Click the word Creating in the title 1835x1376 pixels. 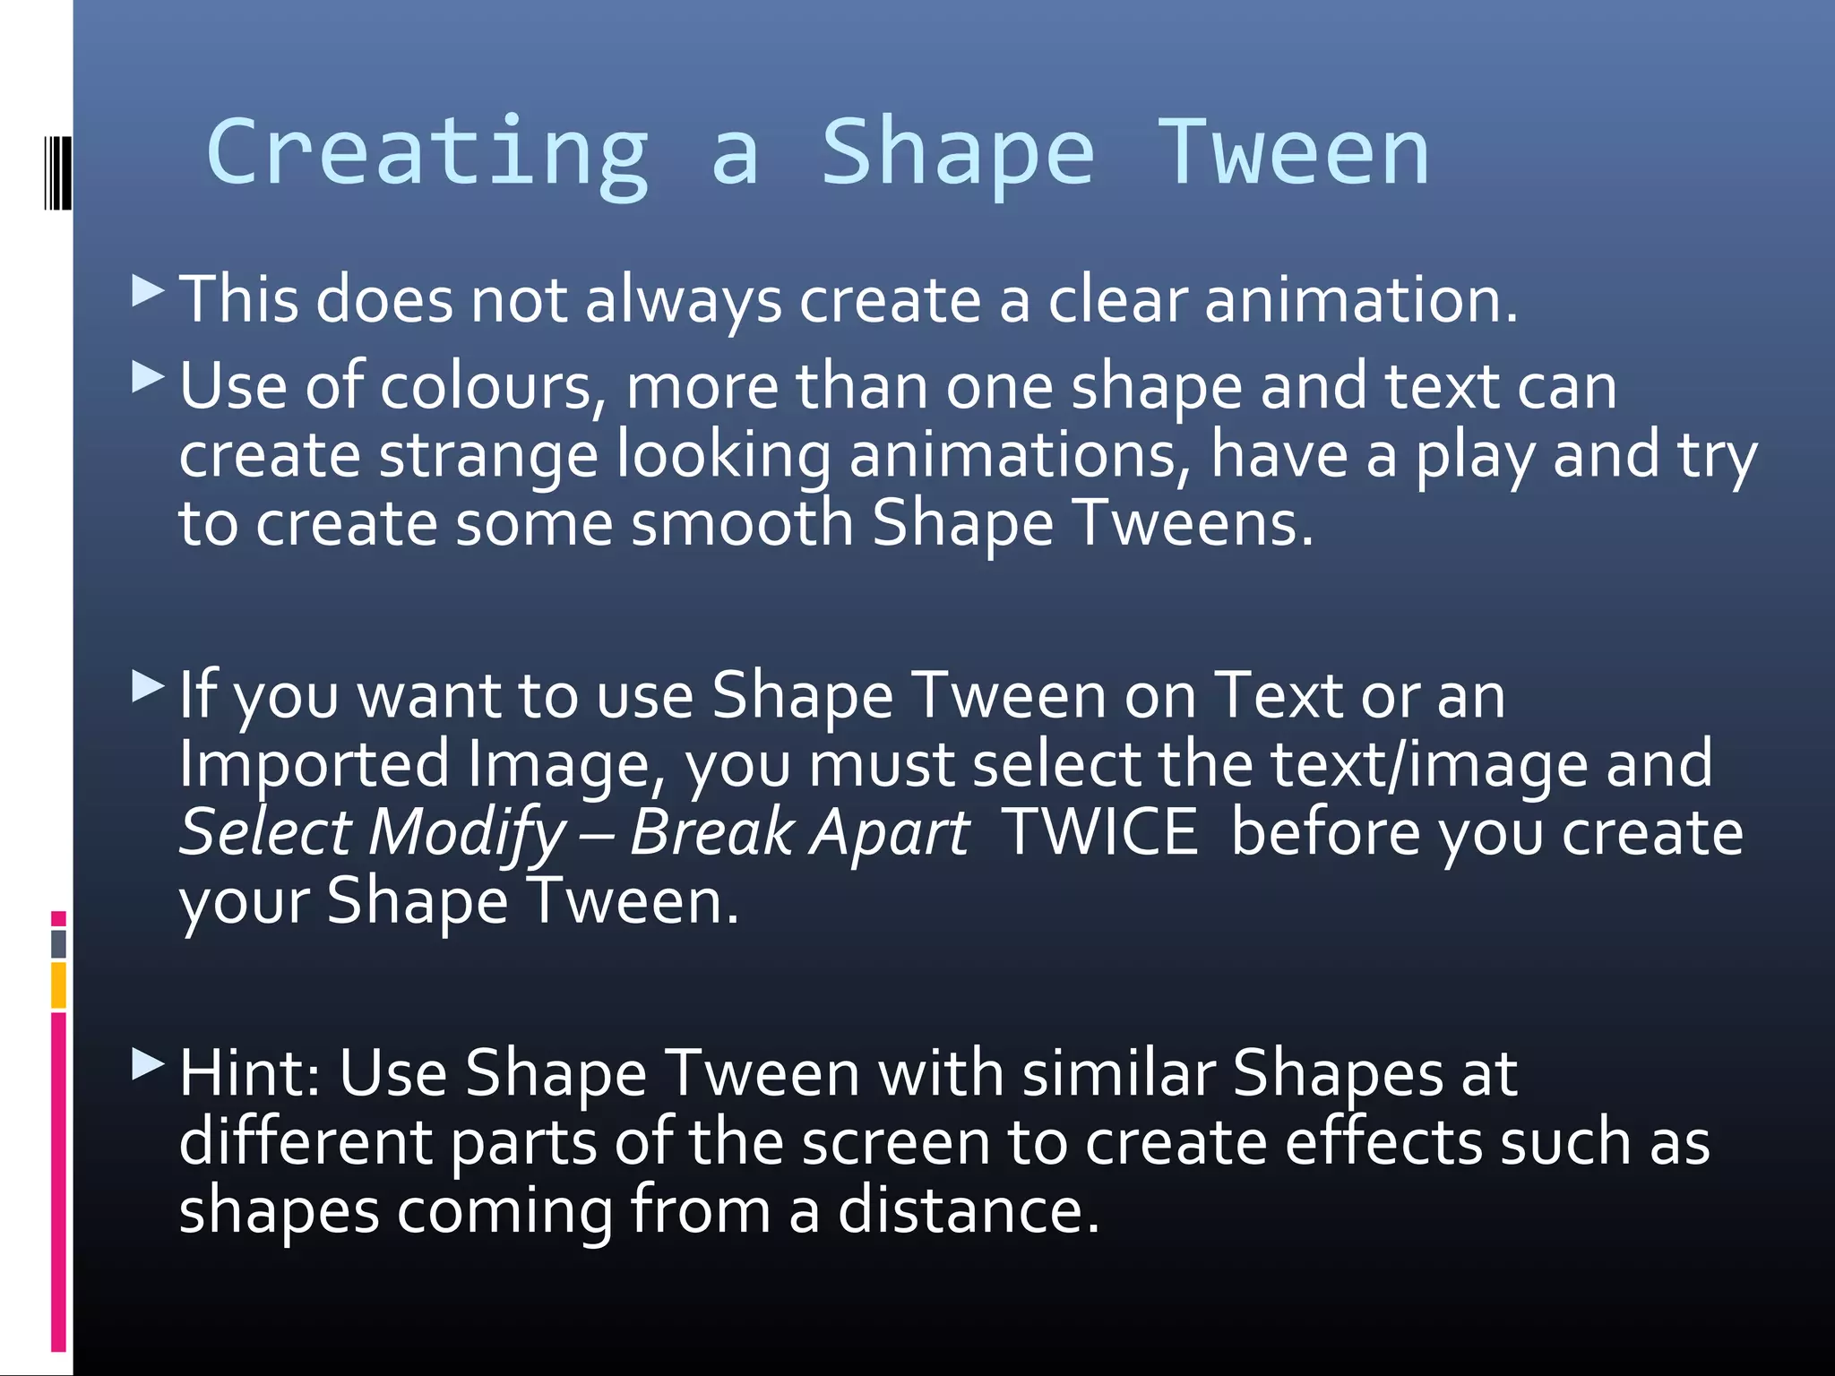427,154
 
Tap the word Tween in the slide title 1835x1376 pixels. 1294,154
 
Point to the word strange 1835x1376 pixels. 487,456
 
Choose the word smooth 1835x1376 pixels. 742,524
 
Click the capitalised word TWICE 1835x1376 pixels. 1099,832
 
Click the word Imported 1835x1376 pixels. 314,764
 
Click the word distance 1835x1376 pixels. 967,1210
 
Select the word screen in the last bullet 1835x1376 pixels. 895,1143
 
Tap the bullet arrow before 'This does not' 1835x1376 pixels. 148,290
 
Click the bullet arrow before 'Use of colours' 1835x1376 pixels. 148,377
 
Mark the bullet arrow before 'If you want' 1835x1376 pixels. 148,687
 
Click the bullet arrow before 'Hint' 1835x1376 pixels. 148,1064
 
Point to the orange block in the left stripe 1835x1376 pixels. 58,985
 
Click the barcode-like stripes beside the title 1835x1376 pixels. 57,172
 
